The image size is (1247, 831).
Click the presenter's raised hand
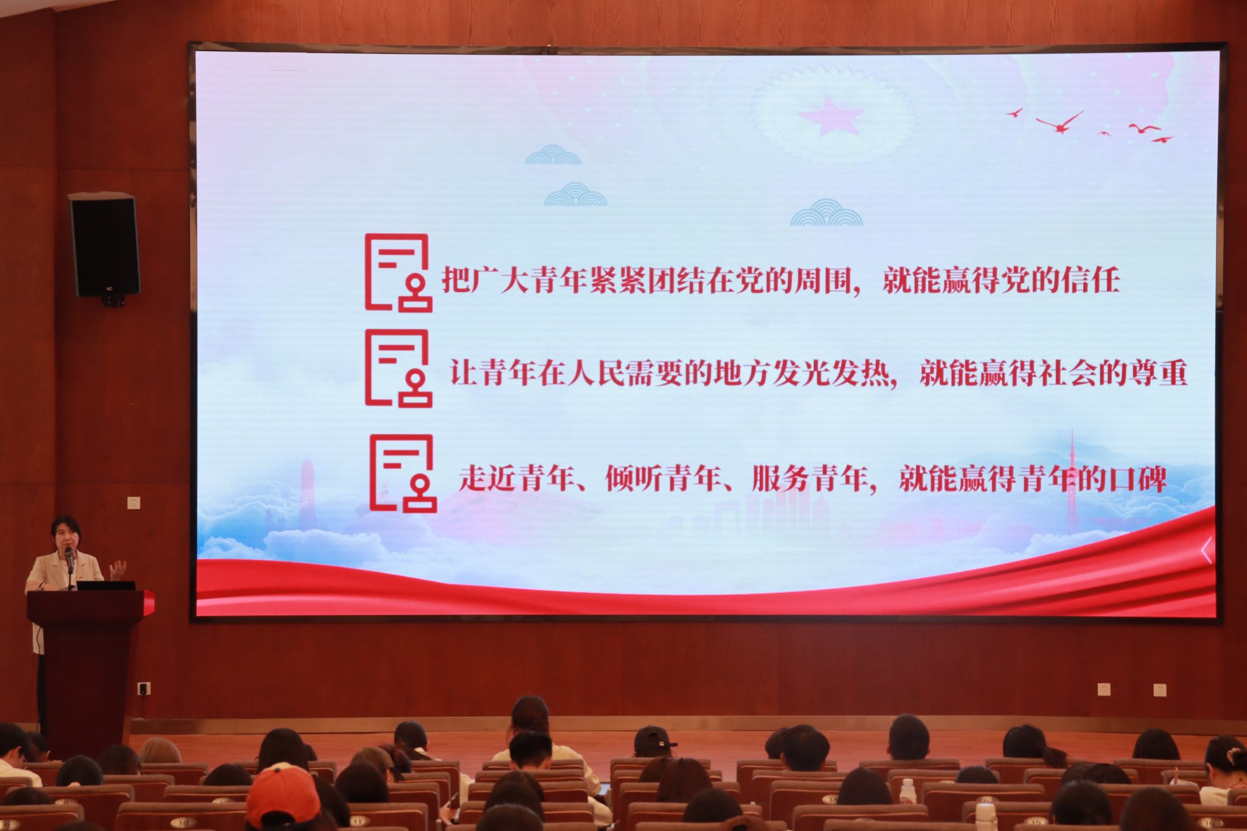[x=118, y=570]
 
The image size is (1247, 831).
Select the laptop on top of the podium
[x=106, y=586]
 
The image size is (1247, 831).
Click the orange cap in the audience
[x=283, y=794]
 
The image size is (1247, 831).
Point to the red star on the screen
[x=831, y=115]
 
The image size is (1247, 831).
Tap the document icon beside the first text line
[x=398, y=273]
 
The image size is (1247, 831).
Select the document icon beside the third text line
[x=402, y=473]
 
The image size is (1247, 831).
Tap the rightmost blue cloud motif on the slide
[x=826, y=213]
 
